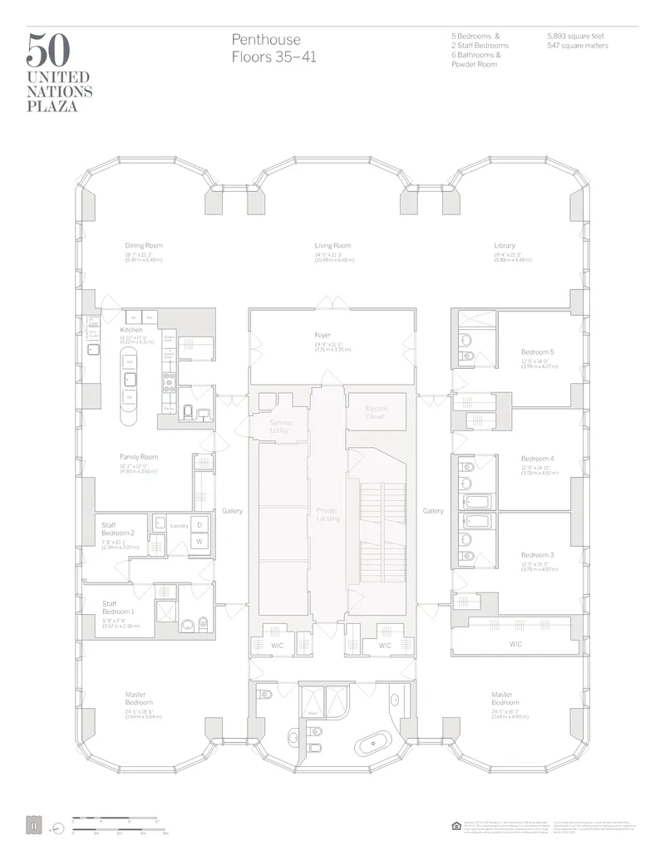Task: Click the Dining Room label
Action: click(x=144, y=246)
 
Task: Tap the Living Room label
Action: click(x=332, y=246)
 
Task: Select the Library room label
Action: click(x=505, y=246)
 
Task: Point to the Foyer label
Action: click(x=323, y=335)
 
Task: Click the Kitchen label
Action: click(x=131, y=330)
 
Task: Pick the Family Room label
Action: click(x=139, y=457)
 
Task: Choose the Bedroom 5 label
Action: click(x=537, y=352)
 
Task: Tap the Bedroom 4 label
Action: click(x=537, y=459)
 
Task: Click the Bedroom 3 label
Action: click(x=537, y=555)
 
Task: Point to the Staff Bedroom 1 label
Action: click(x=116, y=607)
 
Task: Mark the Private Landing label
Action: click(x=328, y=514)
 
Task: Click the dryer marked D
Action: click(x=199, y=524)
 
